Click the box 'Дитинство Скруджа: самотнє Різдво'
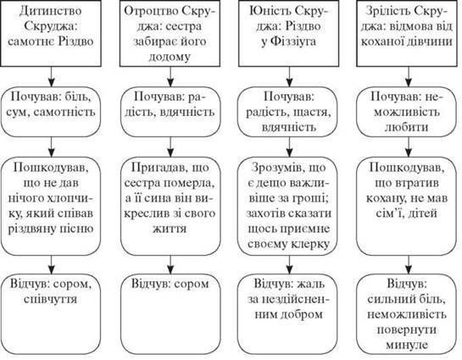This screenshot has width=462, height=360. [x=51, y=33]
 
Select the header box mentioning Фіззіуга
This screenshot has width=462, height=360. [x=289, y=33]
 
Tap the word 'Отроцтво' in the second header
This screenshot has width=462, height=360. [x=151, y=11]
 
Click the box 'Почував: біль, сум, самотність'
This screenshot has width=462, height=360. [x=51, y=112]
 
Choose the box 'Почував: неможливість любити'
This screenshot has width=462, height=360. [x=407, y=112]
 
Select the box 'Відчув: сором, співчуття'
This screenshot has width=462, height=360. [x=51, y=314]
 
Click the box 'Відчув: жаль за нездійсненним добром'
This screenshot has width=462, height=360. [x=288, y=314]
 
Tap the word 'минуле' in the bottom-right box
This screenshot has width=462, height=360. [x=407, y=345]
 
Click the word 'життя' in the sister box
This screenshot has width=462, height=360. [x=170, y=229]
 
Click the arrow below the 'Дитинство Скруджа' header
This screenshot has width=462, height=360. [x=52, y=77]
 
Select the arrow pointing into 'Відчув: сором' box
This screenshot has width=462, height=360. [x=170, y=265]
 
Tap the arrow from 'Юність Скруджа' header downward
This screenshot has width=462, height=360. [x=290, y=77]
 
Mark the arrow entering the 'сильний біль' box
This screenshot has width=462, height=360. [x=409, y=265]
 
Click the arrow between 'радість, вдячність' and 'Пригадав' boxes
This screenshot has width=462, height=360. [x=170, y=147]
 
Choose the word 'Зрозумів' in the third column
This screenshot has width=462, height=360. [x=276, y=168]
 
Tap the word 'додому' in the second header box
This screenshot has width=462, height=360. [x=170, y=57]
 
